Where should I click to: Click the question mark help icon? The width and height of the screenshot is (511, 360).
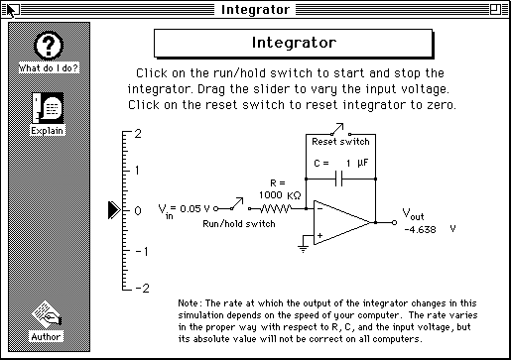pos(49,46)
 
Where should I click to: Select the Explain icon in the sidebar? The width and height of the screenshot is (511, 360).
pos(48,108)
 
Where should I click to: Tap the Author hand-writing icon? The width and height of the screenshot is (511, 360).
pos(47,314)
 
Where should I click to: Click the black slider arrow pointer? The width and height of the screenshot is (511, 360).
pos(114,210)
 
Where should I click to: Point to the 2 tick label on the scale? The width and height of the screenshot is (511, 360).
pos(138,134)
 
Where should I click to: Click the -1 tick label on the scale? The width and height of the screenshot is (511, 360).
pos(142,252)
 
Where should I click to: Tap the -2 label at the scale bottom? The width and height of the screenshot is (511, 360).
pos(142,289)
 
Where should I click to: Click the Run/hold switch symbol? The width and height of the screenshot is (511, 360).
pos(233,205)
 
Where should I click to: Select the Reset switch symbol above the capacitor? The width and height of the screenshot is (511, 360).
pos(340,130)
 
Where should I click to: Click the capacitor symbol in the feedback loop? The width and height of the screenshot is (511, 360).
pos(339,179)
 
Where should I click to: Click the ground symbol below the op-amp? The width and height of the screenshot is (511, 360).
pos(303,249)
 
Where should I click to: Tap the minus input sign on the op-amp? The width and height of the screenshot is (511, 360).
pos(319,208)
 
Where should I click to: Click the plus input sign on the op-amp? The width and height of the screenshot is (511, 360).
pos(319,235)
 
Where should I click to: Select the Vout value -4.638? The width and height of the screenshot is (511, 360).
pos(420,229)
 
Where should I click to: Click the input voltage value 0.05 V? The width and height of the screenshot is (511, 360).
pos(194,209)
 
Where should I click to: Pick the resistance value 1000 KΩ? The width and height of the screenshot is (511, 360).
pos(280,195)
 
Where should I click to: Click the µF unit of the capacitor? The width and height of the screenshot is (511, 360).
pos(363,163)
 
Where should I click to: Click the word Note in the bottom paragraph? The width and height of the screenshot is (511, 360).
pos(188,303)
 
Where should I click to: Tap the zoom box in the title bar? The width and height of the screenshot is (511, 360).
pos(495,9)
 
